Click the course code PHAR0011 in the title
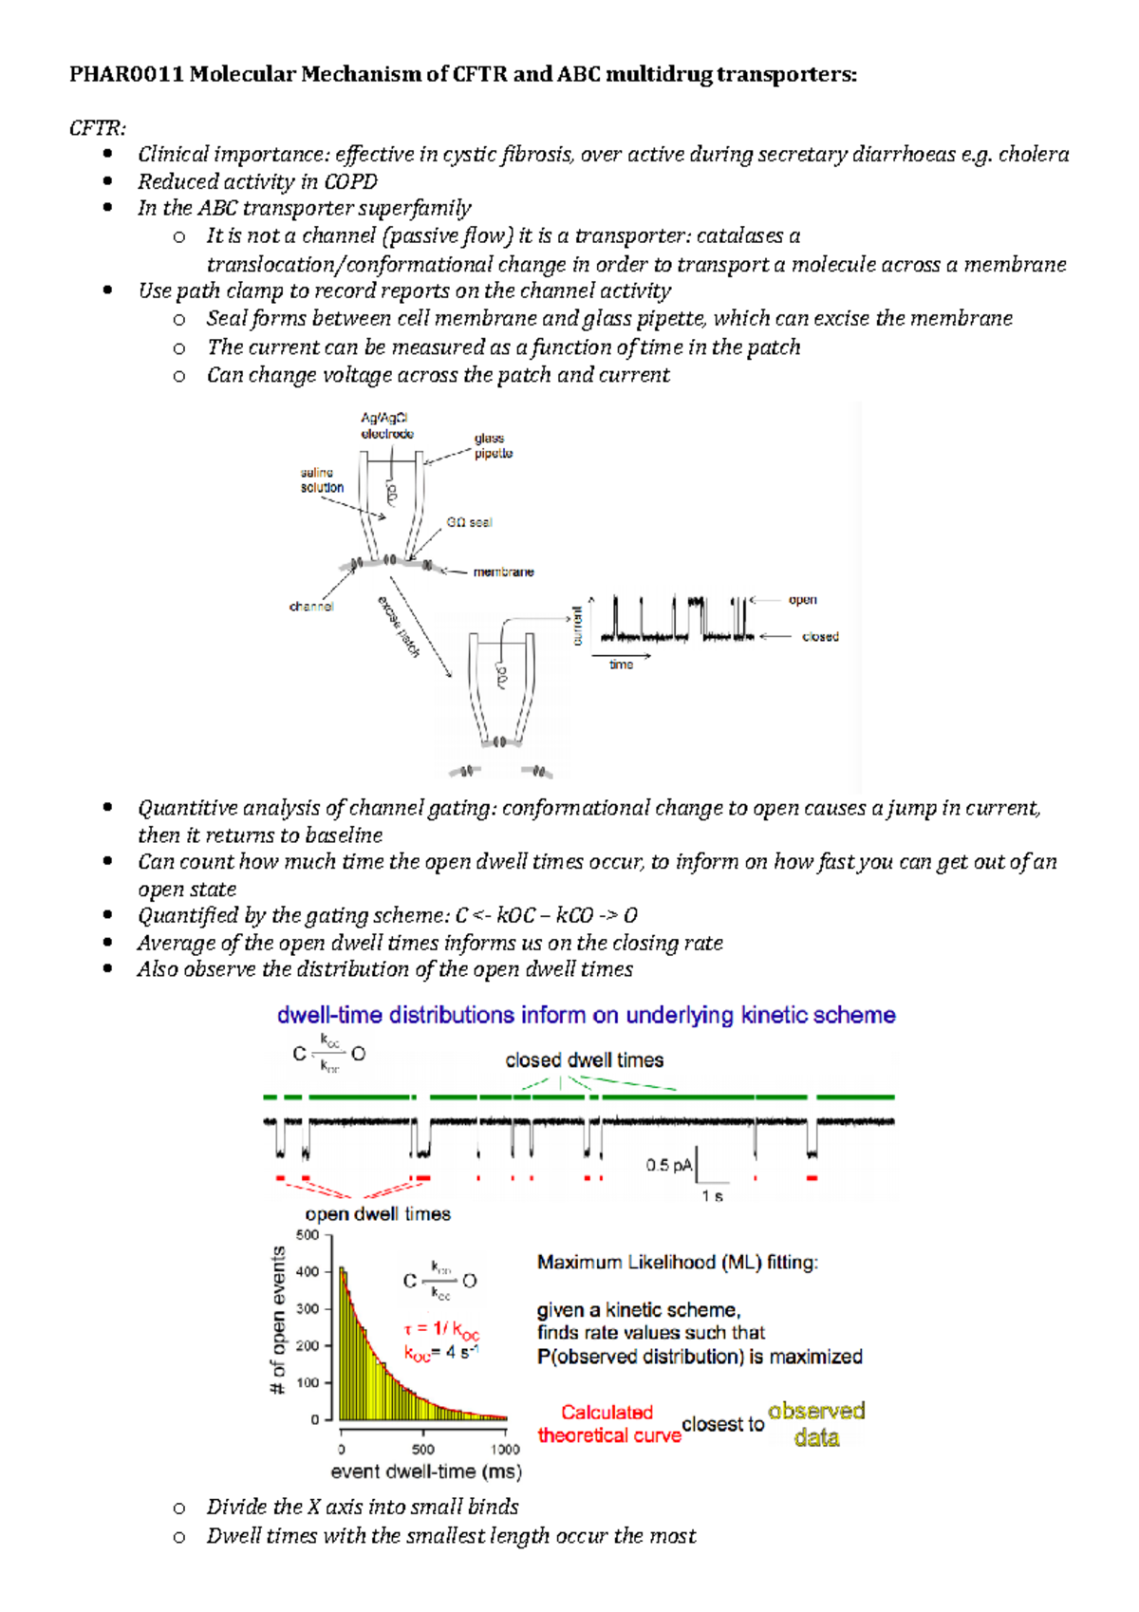pos(126,74)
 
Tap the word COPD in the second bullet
pos(351,181)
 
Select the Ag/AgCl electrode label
pos(386,425)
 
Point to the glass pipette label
pos(494,445)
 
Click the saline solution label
pos(322,480)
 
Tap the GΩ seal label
pos(469,522)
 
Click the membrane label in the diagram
pos(503,572)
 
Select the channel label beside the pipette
pos(311,606)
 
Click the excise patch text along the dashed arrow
pos(399,627)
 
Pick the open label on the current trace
pos(802,600)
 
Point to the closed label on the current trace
pos(819,637)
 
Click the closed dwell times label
pos(584,1060)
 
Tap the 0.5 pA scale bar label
pos(669,1165)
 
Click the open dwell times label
pos(378,1214)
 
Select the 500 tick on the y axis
pos(308,1235)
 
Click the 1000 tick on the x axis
pos(505,1450)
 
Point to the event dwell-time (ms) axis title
pos(426,1472)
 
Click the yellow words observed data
pos(816,1424)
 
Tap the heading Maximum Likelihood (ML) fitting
pos(677,1263)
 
